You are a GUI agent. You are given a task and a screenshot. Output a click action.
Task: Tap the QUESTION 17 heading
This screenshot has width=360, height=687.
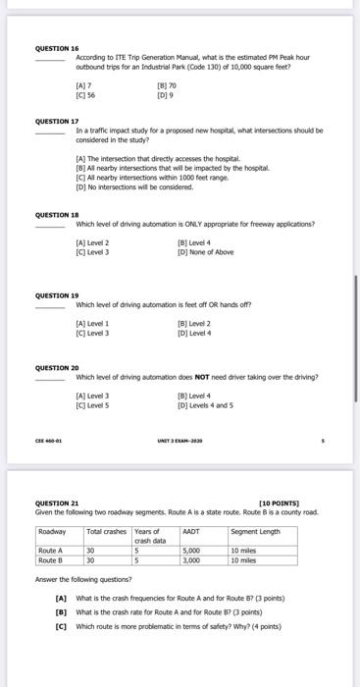[x=58, y=121]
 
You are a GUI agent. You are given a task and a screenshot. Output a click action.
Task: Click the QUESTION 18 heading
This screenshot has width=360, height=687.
[x=58, y=213]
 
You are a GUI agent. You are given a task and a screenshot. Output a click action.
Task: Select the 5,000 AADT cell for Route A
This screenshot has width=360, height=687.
[x=192, y=550]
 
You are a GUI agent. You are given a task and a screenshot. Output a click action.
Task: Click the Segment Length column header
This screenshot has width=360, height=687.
[x=255, y=531]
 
